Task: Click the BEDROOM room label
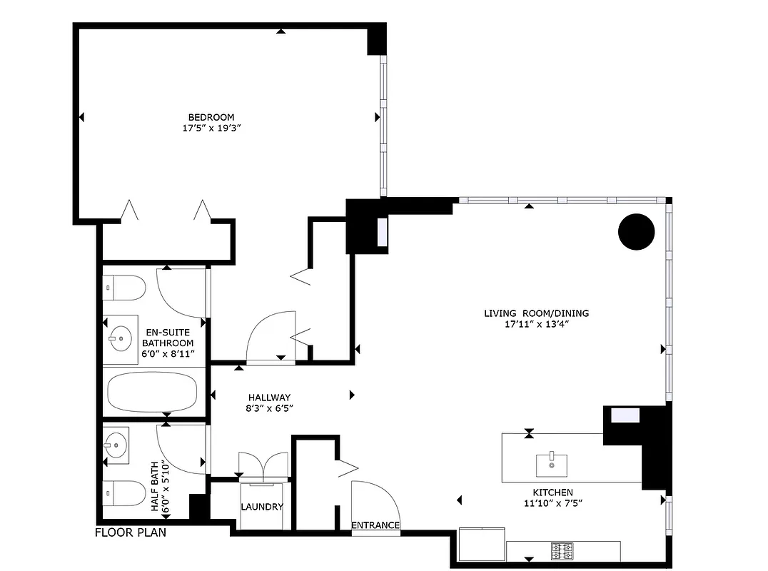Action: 211,117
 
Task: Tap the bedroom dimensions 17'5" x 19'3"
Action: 211,128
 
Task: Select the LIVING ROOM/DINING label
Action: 536,313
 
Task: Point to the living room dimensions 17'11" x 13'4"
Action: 536,323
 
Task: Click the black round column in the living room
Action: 635,231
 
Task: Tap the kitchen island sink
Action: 552,463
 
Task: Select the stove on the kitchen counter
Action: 562,551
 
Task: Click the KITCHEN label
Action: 552,492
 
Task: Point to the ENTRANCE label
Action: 375,525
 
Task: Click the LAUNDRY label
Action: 262,507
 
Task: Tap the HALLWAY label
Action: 269,398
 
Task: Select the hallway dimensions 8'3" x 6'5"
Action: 269,408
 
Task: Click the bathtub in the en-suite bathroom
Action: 152,391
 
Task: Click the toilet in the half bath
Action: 125,492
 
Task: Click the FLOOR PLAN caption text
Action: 131,532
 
